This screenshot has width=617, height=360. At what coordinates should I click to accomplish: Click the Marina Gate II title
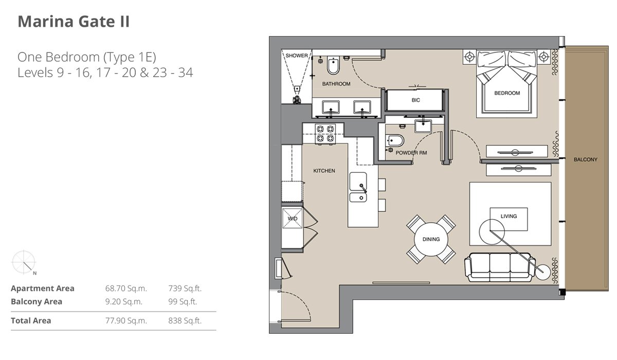coord(74,22)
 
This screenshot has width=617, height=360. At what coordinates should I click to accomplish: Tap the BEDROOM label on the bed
coord(506,93)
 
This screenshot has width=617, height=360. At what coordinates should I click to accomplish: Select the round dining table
coord(431,239)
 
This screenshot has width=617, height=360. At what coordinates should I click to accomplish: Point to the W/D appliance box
coord(292,219)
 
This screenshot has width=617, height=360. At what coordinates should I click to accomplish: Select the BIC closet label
coord(415,100)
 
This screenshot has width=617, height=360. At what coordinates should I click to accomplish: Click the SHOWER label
coord(297,56)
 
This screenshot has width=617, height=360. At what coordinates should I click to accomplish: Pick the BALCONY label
coord(585,160)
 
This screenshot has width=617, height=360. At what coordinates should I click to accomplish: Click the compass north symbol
coord(24,262)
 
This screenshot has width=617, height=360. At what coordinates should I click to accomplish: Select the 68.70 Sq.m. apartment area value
coord(123,289)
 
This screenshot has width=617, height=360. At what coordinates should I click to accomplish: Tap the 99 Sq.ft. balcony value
coord(183,302)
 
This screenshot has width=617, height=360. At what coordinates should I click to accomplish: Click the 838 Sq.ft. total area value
coord(185,321)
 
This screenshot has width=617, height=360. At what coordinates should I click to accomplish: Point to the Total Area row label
coord(31,321)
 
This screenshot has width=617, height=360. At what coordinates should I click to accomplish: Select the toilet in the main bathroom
coord(333,67)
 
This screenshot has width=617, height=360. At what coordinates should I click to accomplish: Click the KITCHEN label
coord(324,171)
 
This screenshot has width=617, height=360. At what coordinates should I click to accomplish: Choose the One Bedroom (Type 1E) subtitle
coord(86,57)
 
